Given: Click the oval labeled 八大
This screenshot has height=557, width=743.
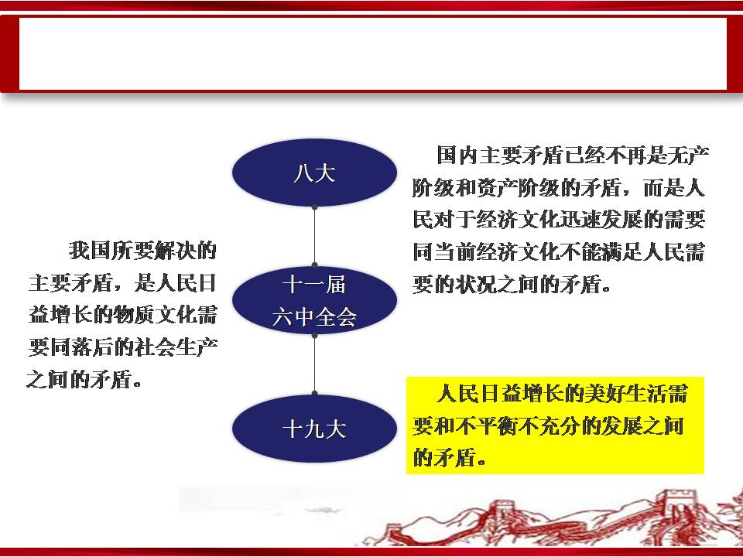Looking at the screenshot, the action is point(314,173).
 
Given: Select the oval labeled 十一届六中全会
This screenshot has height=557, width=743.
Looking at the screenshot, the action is point(314,300).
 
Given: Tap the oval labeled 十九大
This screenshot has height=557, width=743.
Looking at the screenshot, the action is point(314,428).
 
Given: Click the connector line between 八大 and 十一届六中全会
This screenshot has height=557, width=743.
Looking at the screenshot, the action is point(315,236).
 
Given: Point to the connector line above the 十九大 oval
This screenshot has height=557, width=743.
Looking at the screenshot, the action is point(315,364).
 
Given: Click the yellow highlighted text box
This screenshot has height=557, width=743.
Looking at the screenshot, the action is point(555,425).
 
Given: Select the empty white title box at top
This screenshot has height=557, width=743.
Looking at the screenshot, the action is point(373,53).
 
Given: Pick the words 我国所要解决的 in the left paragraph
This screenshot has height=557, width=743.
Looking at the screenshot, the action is point(142,251).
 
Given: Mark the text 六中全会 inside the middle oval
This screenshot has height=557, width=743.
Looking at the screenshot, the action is point(314,317).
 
